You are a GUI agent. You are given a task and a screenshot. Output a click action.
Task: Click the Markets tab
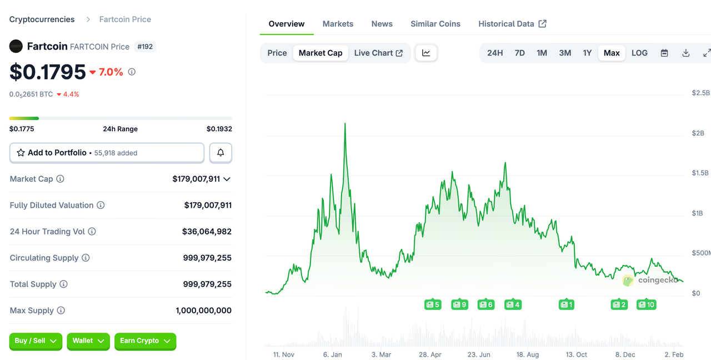338,24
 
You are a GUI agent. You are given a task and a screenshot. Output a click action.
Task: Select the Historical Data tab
512,24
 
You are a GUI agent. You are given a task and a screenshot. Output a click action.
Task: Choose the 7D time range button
519,53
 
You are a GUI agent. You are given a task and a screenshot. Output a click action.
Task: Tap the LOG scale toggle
639,53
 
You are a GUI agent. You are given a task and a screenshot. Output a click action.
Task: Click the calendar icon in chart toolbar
664,53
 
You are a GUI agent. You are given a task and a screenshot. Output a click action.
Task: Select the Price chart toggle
277,53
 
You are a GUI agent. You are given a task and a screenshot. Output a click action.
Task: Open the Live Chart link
378,53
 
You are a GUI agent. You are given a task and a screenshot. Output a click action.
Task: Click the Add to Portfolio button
107,153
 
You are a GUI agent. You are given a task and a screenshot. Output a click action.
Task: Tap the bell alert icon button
221,153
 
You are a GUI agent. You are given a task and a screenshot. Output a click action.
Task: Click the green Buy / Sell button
36,341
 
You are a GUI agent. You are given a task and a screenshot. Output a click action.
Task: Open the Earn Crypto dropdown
145,341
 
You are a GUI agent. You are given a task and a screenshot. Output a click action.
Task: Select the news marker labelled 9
459,304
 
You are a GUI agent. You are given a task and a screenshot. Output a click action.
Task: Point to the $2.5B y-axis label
700,92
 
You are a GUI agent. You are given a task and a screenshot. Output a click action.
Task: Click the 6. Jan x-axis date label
332,354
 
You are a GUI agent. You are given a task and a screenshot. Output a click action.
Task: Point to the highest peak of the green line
345,124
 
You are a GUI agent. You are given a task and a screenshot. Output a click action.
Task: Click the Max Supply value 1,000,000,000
203,311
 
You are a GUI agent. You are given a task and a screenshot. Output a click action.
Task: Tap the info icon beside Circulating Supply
86,258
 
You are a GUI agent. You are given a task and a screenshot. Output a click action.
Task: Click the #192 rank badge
145,47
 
